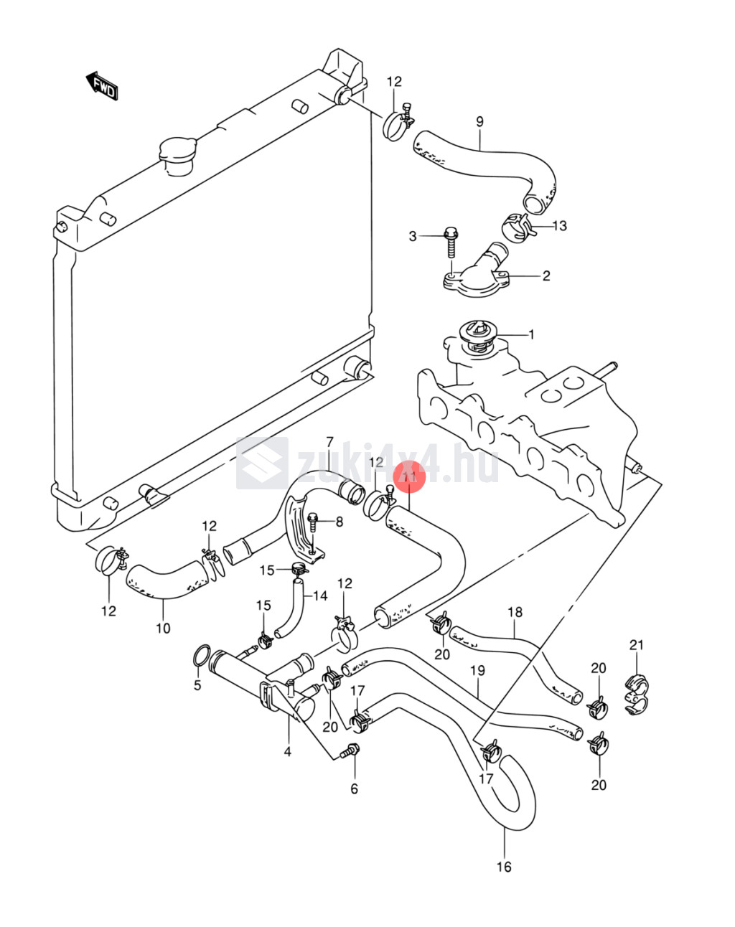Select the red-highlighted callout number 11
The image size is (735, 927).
(409, 476)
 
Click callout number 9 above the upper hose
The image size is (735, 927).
(479, 122)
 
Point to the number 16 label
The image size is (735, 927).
(504, 867)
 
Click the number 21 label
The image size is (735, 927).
(637, 645)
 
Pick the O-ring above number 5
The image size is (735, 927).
(202, 654)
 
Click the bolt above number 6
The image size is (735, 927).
(350, 751)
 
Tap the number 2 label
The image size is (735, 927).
(546, 276)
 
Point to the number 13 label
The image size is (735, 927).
(559, 226)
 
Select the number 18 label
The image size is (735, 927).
(515, 612)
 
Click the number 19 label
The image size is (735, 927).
(477, 671)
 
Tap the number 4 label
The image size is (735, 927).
(287, 752)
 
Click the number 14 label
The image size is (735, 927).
(319, 596)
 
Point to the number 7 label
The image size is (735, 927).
(329, 441)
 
